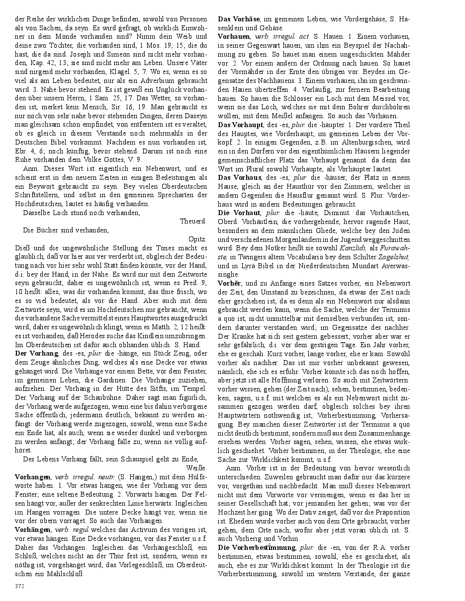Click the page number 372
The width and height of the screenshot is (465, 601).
pos(19,586)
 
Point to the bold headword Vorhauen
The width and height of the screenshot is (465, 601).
pos(234,37)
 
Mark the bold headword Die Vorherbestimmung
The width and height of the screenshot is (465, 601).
pos(256,547)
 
